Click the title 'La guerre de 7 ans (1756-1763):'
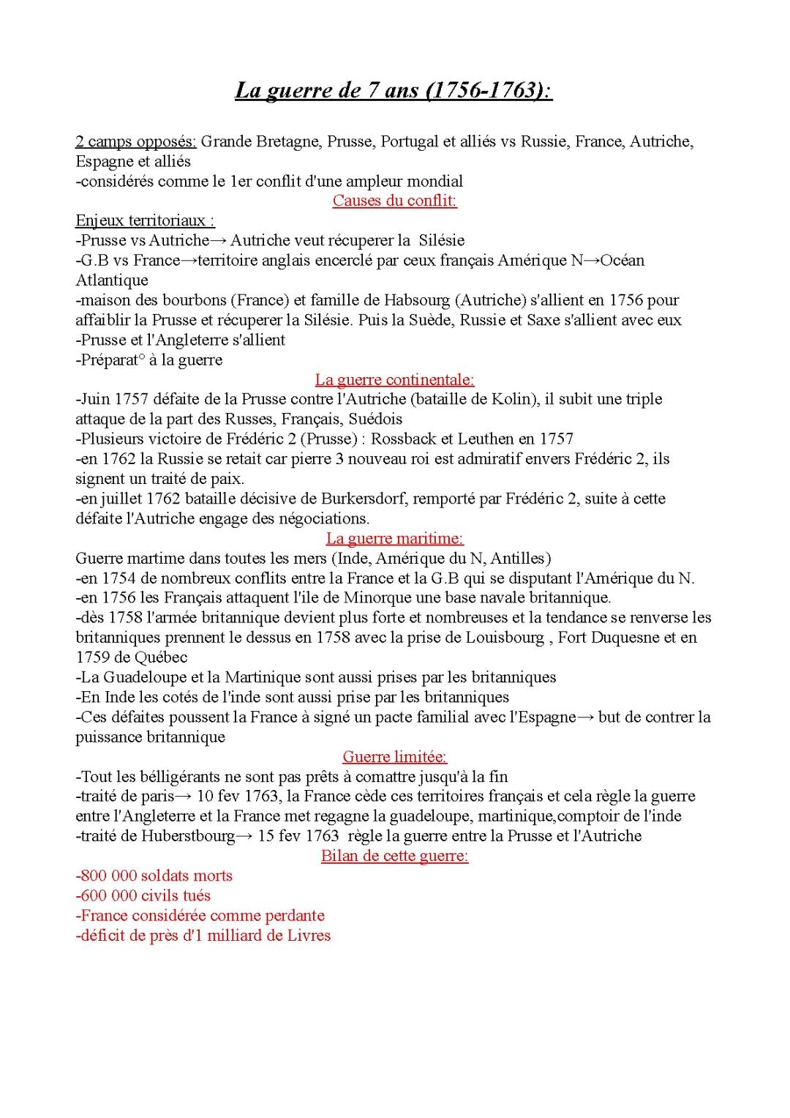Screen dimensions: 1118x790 tap(394, 91)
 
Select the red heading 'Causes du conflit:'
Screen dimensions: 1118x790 tap(394, 201)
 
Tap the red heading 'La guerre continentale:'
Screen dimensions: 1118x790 tap(394, 379)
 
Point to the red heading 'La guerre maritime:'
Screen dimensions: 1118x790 tap(394, 539)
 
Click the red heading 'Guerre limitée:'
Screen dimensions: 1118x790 tap(394, 757)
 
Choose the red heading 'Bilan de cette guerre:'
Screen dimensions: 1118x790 tap(394, 856)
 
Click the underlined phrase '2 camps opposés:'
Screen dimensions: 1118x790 tap(136, 141)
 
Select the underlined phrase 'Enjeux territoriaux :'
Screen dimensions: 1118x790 tap(145, 220)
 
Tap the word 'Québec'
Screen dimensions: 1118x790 tap(161, 657)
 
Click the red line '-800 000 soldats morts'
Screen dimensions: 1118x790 tap(154, 876)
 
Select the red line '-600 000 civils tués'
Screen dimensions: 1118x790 tap(143, 895)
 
